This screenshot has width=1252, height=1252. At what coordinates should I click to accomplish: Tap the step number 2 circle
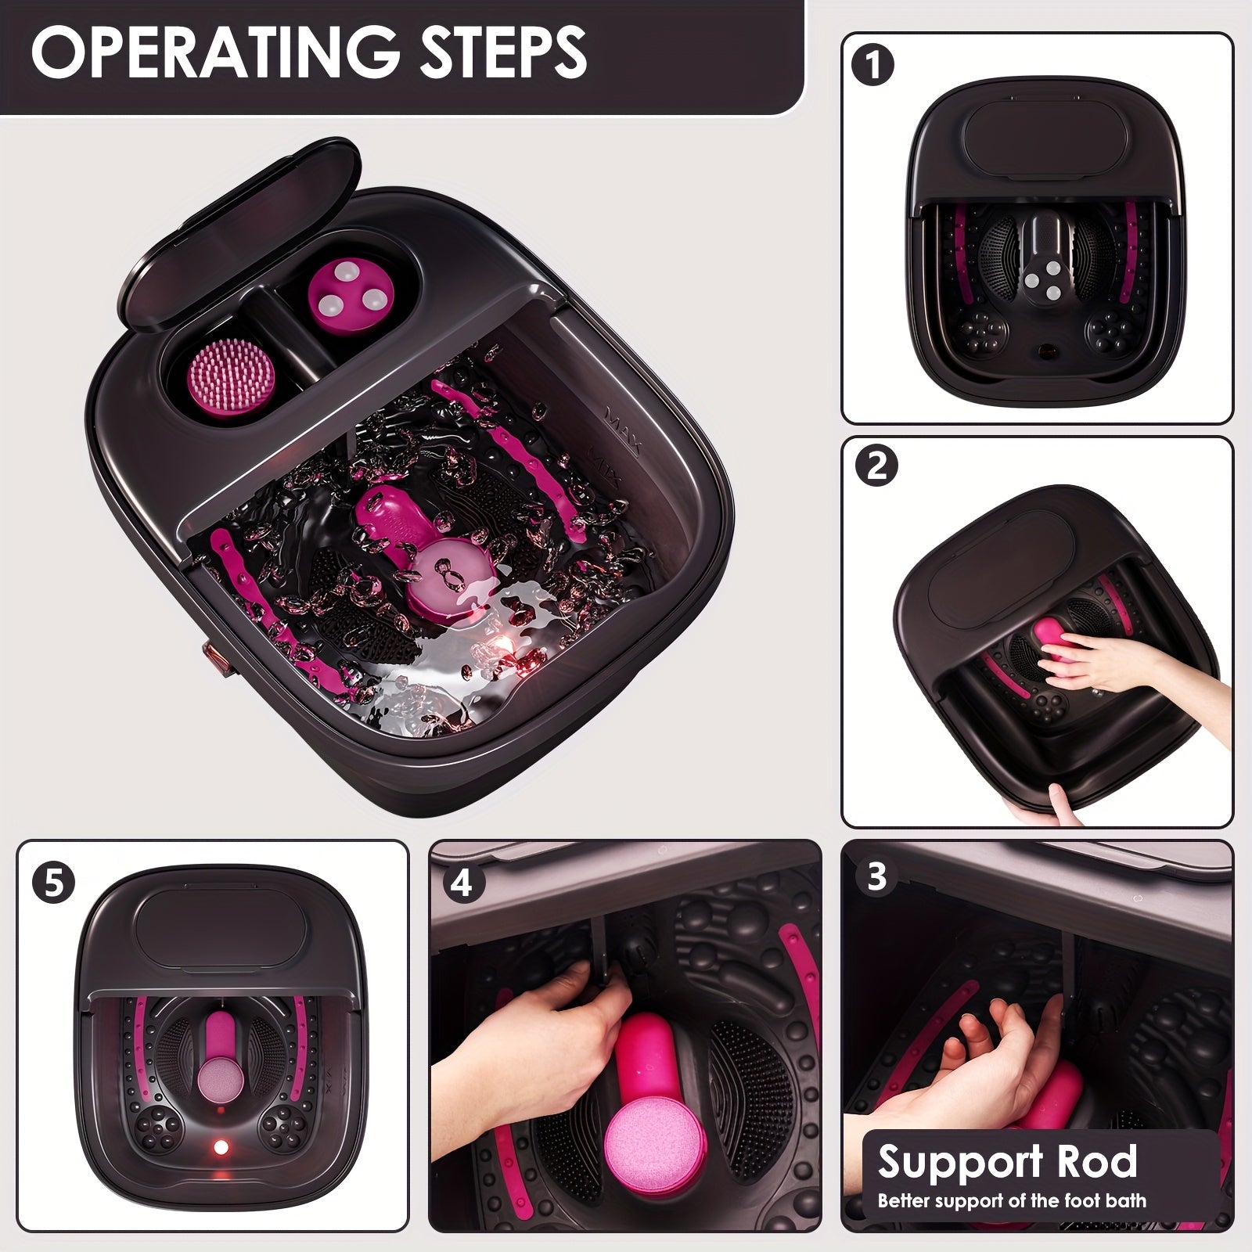876,466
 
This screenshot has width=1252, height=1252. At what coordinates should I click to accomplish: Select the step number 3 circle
876,876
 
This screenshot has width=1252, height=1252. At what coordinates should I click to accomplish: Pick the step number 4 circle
462,882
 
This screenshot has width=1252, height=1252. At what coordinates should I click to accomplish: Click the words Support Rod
1007,1160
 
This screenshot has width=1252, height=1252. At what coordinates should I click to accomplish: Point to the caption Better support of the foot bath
1011,1200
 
